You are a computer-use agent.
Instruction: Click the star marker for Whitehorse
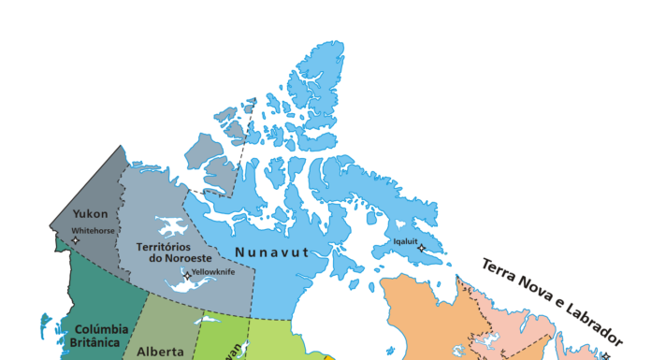click(x=76, y=240)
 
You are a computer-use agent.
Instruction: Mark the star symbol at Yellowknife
click(x=187, y=276)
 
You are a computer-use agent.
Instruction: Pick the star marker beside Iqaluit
click(x=422, y=248)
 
